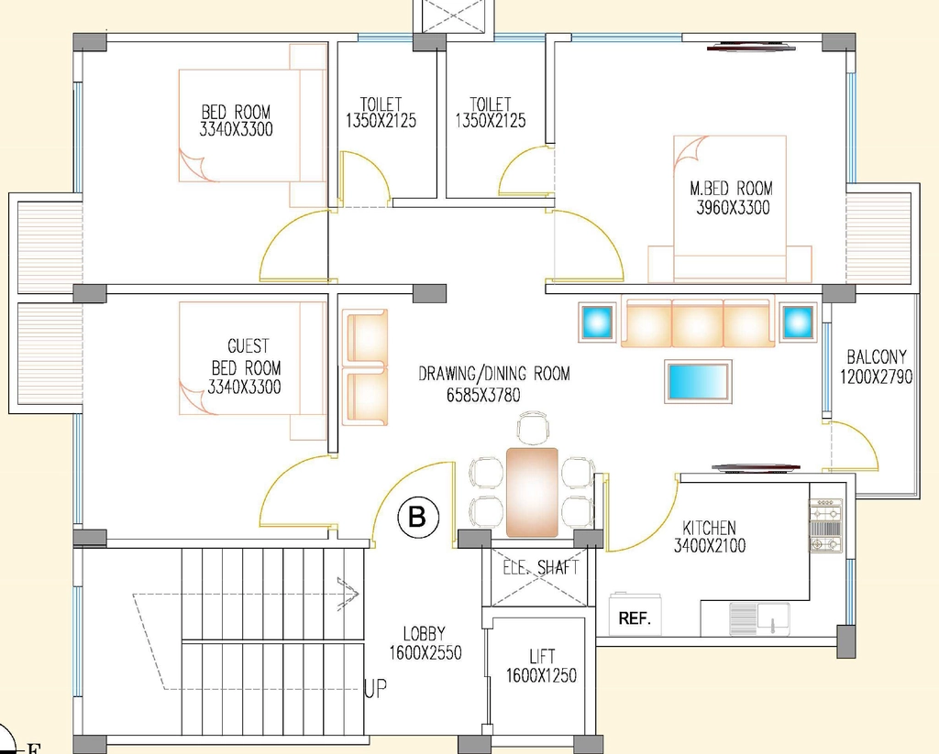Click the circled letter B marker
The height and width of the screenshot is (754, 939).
click(x=417, y=516)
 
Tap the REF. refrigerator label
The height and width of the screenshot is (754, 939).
click(x=635, y=618)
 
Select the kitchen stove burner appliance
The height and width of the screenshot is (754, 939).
click(x=826, y=525)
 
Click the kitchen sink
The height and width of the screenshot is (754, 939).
click(x=759, y=618)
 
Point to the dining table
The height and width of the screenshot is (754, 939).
click(x=532, y=492)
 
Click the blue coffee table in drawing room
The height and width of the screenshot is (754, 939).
click(x=698, y=381)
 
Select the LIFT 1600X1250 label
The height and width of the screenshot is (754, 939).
click(x=541, y=666)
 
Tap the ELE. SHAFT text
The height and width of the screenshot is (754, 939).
click(x=541, y=567)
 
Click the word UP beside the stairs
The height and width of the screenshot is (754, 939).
click(x=376, y=689)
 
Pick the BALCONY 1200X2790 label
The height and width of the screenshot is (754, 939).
click(x=876, y=366)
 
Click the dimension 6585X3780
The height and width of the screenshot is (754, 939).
click(x=483, y=395)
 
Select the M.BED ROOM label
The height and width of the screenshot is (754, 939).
click(x=731, y=189)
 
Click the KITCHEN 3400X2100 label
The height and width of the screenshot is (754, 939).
click(x=710, y=537)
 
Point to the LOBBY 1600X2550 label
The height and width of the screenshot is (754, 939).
click(x=425, y=643)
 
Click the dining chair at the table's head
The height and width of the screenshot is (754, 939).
click(x=533, y=428)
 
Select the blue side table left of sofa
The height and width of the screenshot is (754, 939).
click(x=596, y=322)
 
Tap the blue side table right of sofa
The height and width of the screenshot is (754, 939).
click(x=798, y=322)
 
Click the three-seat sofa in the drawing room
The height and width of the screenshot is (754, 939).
click(x=698, y=322)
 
